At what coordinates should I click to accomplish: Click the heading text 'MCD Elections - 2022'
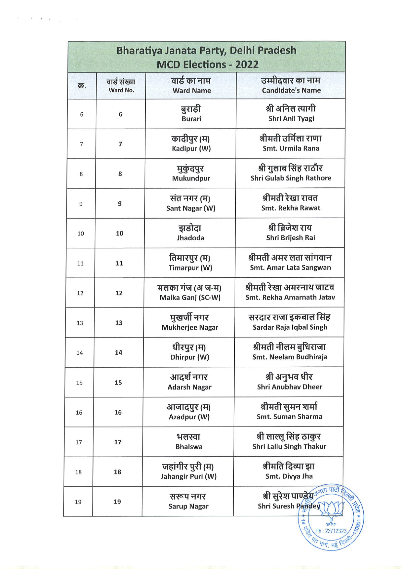tap(207, 64)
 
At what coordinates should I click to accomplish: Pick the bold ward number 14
tap(118, 353)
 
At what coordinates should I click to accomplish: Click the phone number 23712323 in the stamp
tap(331, 531)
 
